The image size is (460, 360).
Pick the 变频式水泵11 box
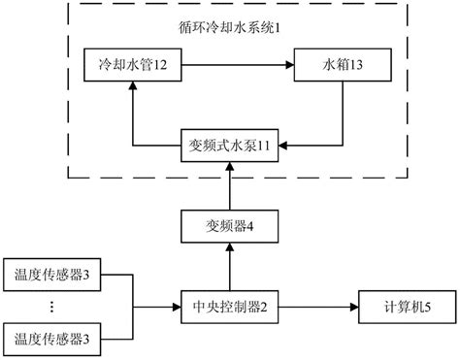(229, 147)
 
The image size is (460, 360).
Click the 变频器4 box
(229, 228)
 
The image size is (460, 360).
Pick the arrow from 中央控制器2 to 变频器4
(229, 267)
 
